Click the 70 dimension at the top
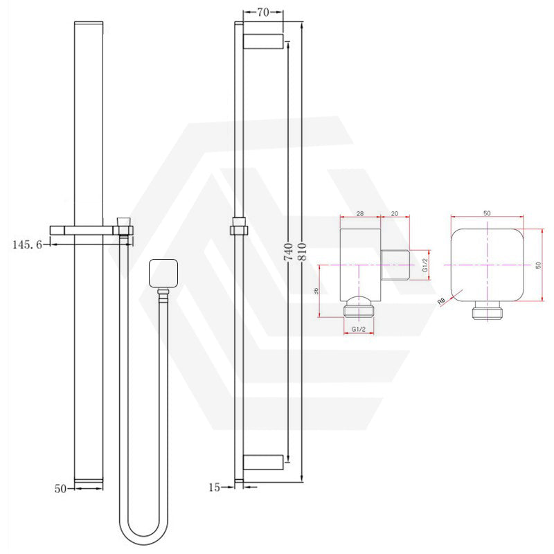[x=262, y=12]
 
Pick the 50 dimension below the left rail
[x=60, y=488]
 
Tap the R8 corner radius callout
[x=440, y=300]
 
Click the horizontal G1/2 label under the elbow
[x=359, y=330]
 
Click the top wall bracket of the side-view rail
[x=262, y=40]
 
